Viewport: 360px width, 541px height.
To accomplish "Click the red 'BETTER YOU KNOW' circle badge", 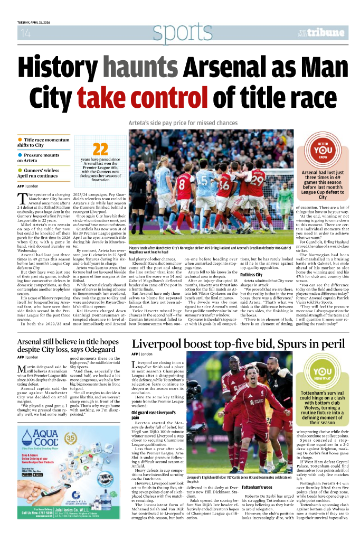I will (x=322, y=150).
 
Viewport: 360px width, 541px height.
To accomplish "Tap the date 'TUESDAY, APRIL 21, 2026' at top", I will (x=38, y=22).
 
